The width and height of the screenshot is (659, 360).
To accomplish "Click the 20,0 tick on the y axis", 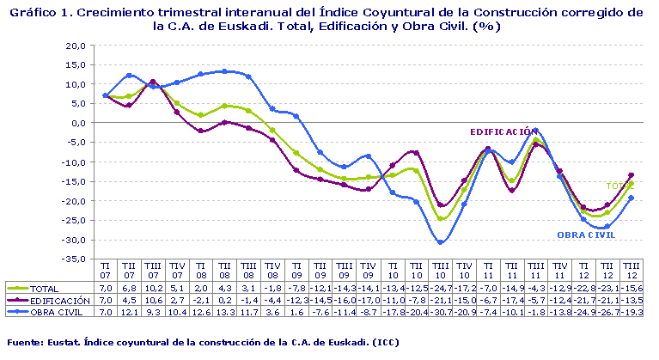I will [74, 45].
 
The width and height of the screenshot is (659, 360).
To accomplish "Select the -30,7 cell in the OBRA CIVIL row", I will [440, 311].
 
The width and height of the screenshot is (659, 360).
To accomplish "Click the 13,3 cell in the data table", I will [225, 311].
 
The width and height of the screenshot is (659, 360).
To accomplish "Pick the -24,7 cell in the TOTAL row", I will [440, 289].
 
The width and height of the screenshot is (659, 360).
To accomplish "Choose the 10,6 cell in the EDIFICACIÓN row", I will [153, 300].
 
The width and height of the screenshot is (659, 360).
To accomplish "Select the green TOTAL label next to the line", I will [619, 186].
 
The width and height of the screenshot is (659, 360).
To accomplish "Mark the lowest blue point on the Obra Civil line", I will [441, 242].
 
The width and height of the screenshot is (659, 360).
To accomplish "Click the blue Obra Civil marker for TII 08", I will [225, 71].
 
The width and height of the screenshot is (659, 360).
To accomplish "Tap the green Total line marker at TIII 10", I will [441, 219].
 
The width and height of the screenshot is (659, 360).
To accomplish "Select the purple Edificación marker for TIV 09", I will [369, 189].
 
